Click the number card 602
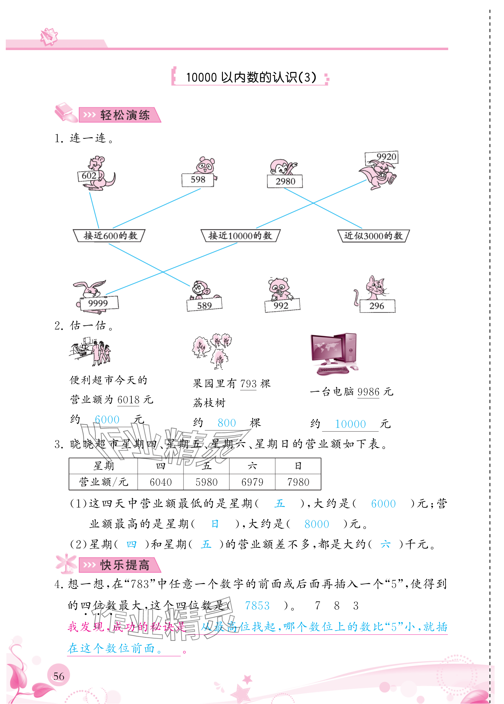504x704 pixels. click(89, 176)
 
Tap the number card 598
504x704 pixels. click(198, 180)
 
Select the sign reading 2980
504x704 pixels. click(285, 181)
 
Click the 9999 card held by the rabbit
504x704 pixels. click(99, 303)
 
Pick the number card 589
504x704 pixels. click(204, 305)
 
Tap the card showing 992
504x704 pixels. click(282, 305)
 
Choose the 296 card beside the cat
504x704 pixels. click(377, 306)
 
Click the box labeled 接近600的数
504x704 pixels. click(109, 236)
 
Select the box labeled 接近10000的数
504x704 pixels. click(240, 236)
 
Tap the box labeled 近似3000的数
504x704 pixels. click(373, 236)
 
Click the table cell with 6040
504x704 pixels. click(160, 482)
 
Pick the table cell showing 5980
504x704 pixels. click(206, 482)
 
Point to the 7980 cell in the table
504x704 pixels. click(298, 482)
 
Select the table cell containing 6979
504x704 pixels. click(252, 482)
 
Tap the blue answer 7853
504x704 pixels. click(257, 606)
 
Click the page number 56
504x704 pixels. click(59, 676)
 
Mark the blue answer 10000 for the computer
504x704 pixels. click(350, 424)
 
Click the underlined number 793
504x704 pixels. click(248, 384)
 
